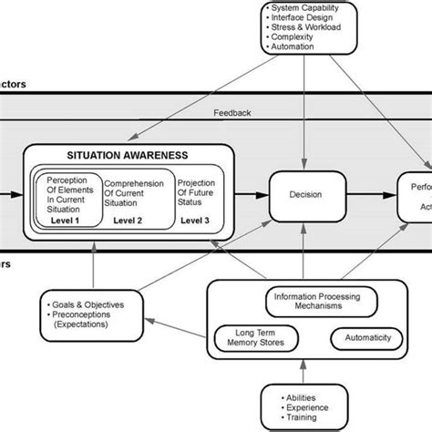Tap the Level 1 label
pos(66,219)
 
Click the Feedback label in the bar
pos(232,113)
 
